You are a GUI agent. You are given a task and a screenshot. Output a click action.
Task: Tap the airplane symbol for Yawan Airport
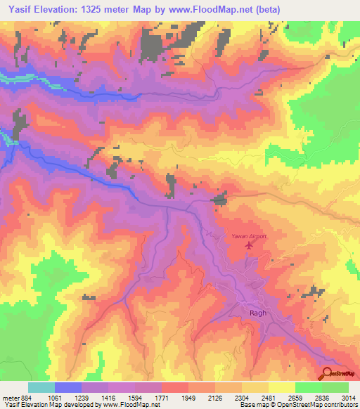(x=247, y=246)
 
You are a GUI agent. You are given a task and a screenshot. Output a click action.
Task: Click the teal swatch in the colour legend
(x=41, y=387)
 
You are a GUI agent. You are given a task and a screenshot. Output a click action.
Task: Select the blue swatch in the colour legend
(x=67, y=387)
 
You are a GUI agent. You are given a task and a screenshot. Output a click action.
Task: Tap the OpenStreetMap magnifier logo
(x=326, y=374)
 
